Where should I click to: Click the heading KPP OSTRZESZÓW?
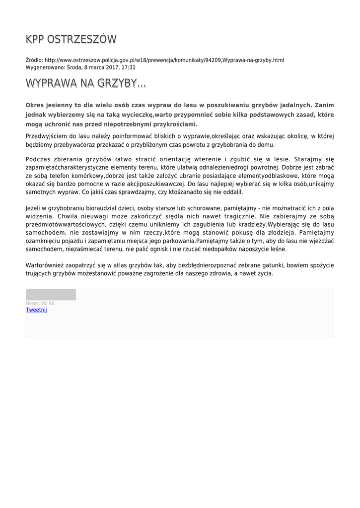coord(71,40)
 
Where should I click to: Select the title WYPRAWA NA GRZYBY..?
coord(85,83)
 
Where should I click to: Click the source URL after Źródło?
coord(164,60)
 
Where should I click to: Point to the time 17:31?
coord(129,67)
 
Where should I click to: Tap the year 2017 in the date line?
coord(110,67)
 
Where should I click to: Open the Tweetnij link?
coord(36,310)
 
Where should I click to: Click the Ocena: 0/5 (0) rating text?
coord(40,303)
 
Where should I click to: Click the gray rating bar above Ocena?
coord(51,295)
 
